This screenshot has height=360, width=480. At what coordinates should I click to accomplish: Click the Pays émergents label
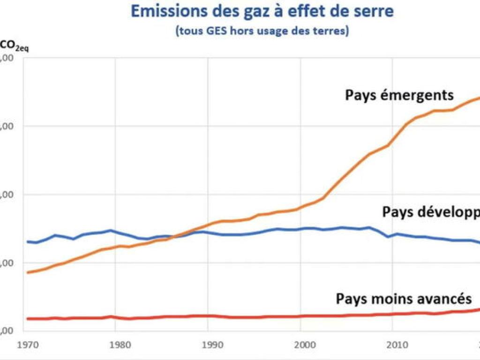pyautogui.click(x=399, y=95)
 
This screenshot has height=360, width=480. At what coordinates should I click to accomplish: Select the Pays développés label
pyautogui.click(x=430, y=212)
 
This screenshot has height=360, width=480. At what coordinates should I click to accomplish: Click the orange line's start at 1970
pyautogui.click(x=28, y=272)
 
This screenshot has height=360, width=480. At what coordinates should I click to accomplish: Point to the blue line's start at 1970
pyautogui.click(x=28, y=241)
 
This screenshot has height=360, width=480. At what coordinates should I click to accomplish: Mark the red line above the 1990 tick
pyautogui.click(x=208, y=316)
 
